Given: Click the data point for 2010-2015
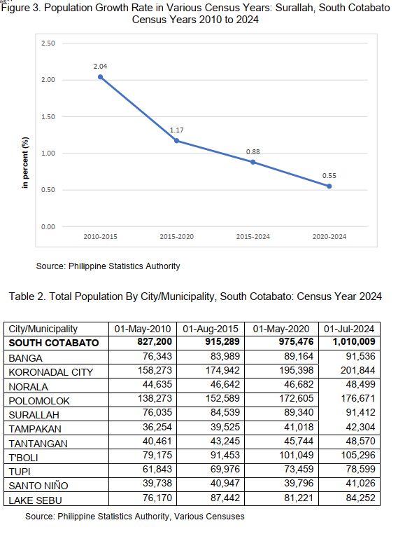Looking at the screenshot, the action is [x=100, y=77].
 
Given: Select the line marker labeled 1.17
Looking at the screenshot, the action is [x=177, y=141].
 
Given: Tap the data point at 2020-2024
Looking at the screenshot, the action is [x=329, y=186].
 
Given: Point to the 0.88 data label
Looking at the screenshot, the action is [x=253, y=152].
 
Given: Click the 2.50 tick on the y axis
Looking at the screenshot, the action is [x=48, y=43].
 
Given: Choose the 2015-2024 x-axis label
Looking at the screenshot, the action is [x=253, y=237].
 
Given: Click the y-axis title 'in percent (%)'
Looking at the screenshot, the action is [x=25, y=163].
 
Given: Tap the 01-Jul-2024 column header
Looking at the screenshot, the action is [x=349, y=329].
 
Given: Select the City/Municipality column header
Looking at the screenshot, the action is [x=43, y=329].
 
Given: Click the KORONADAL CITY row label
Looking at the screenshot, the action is [x=51, y=372].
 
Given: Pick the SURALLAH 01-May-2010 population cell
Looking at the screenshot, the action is [x=157, y=413].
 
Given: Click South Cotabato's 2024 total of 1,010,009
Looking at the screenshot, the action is [x=354, y=342].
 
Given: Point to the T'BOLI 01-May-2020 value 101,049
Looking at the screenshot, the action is [x=297, y=455].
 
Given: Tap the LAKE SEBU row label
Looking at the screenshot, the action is [x=36, y=500].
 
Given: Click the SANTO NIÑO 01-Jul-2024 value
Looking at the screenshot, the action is [x=360, y=484].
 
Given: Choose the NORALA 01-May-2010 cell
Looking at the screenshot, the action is [x=157, y=384].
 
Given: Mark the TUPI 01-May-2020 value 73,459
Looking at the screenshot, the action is [x=299, y=469].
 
